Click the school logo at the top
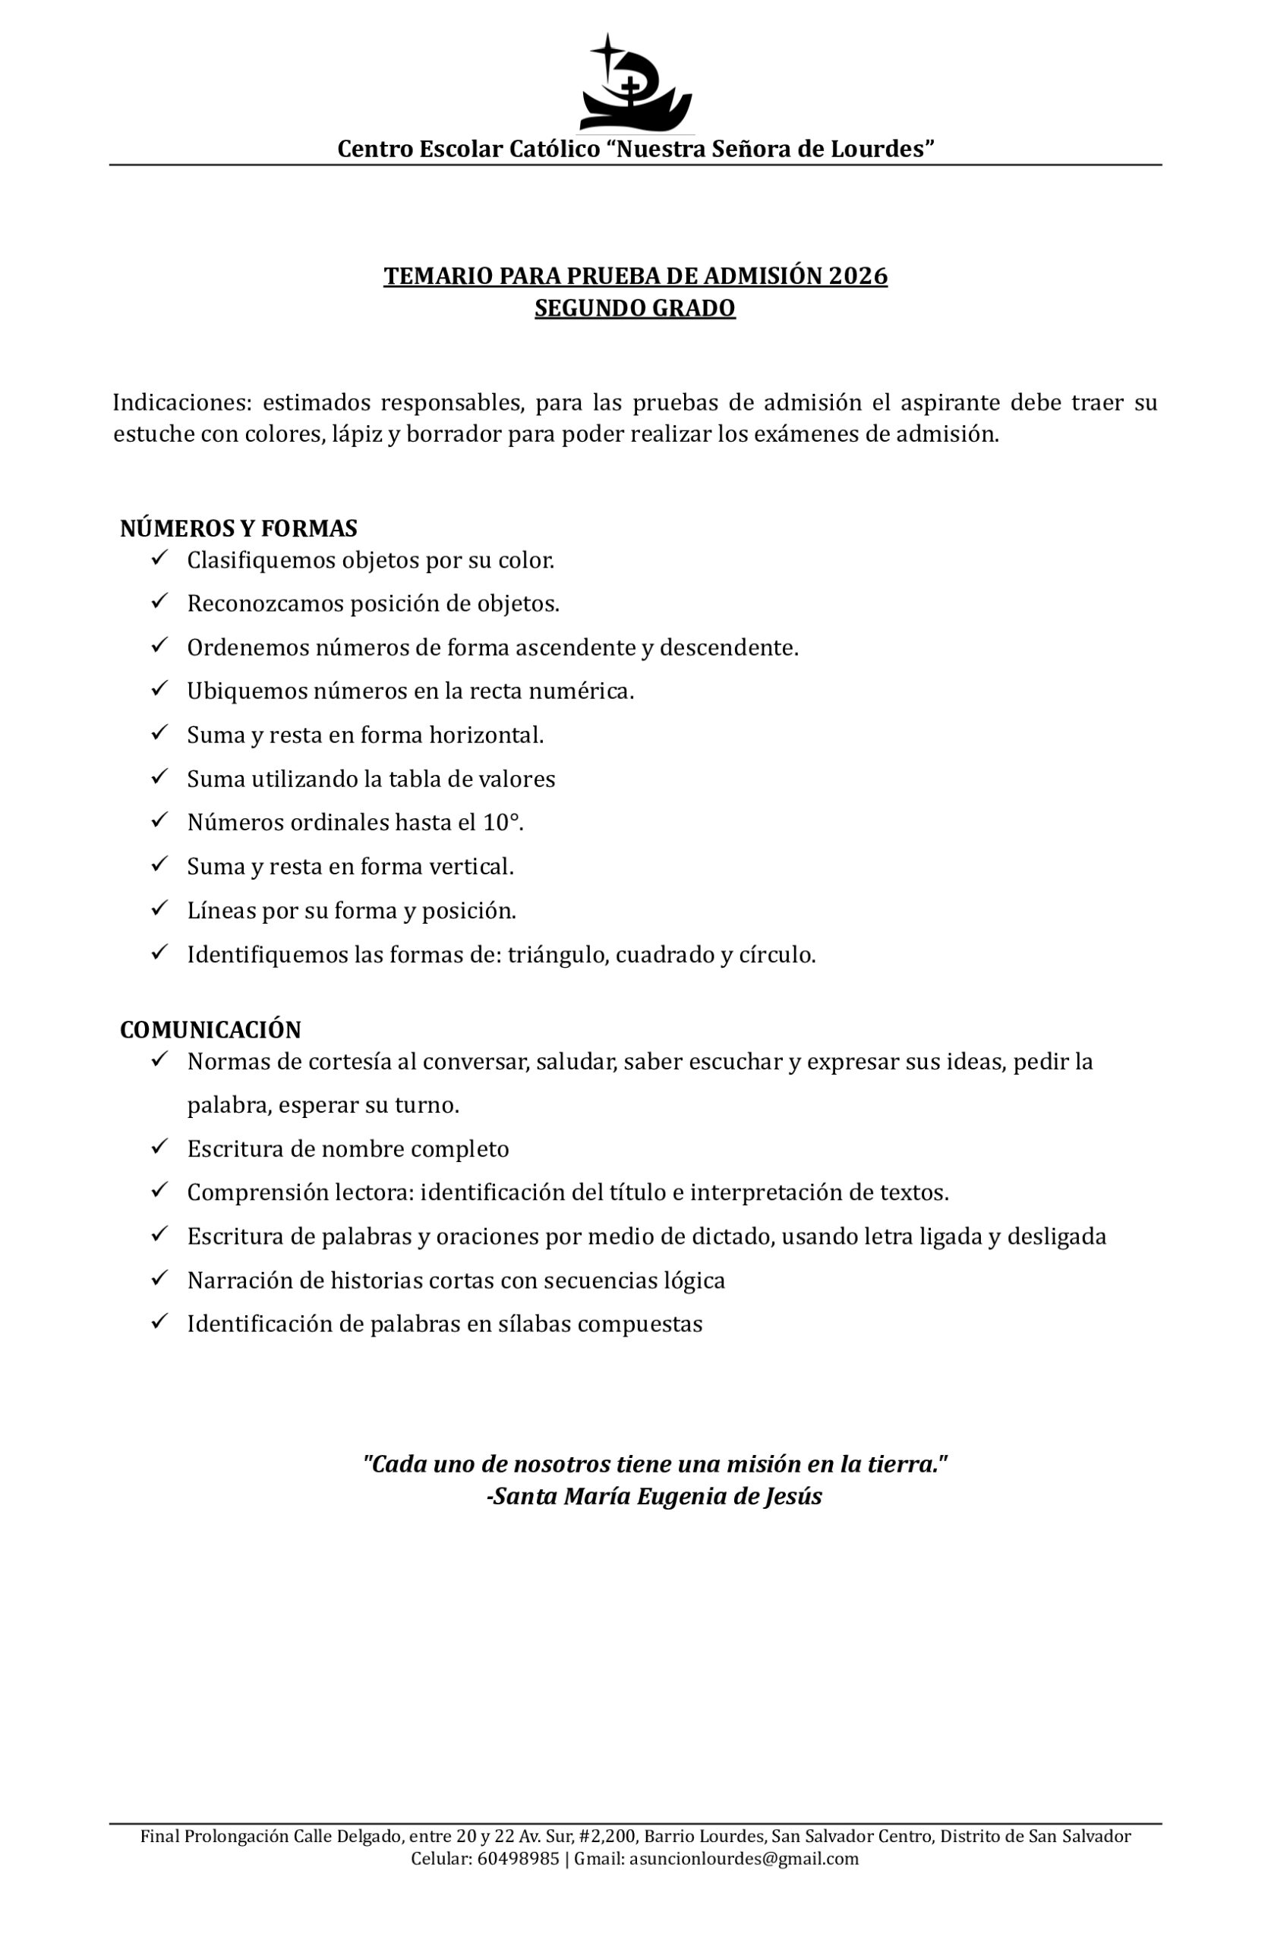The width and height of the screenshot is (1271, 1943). pyautogui.click(x=635, y=84)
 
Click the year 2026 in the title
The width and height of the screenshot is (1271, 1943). pyautogui.click(x=857, y=277)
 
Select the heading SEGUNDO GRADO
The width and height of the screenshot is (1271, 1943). pyautogui.click(x=635, y=309)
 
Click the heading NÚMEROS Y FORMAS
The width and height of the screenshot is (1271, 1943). pyautogui.click(x=238, y=529)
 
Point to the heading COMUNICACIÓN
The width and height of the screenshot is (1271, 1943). pyautogui.click(x=211, y=1029)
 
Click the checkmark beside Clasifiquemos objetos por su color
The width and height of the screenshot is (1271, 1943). pyautogui.click(x=159, y=559)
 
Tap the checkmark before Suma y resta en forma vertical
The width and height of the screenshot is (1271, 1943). pyautogui.click(x=159, y=864)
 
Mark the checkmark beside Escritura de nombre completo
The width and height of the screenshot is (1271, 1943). pyautogui.click(x=159, y=1147)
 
